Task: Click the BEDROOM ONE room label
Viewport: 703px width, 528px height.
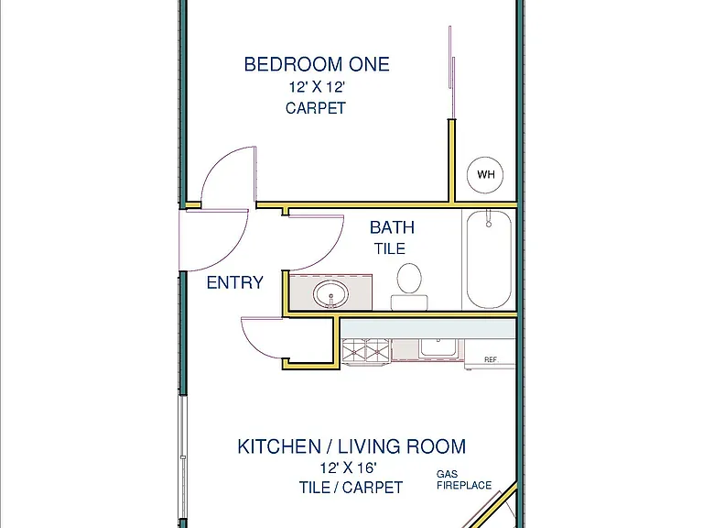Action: click(x=317, y=64)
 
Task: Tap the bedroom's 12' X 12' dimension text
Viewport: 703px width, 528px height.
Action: click(x=317, y=87)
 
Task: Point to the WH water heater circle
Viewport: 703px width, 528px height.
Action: click(x=485, y=175)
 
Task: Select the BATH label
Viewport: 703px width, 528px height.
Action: click(x=392, y=227)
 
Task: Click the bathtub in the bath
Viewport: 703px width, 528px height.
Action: click(x=489, y=259)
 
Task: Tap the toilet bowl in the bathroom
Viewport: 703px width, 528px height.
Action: click(x=409, y=279)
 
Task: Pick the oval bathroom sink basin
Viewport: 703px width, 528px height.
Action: click(x=330, y=294)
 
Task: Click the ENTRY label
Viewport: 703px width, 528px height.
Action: click(x=235, y=282)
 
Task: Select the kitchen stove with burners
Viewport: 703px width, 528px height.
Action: click(x=366, y=351)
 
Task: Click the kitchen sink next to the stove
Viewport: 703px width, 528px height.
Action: click(x=438, y=348)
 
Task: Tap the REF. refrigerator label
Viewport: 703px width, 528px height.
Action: click(x=491, y=359)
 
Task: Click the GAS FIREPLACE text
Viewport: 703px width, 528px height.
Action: click(x=464, y=479)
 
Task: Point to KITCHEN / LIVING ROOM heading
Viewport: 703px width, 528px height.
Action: click(x=351, y=446)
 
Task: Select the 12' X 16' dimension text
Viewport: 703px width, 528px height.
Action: click(x=348, y=467)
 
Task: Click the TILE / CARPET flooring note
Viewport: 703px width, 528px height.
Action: click(x=351, y=487)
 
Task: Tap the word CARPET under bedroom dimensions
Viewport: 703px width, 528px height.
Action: click(x=316, y=108)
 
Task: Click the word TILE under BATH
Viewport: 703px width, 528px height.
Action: click(x=390, y=248)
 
